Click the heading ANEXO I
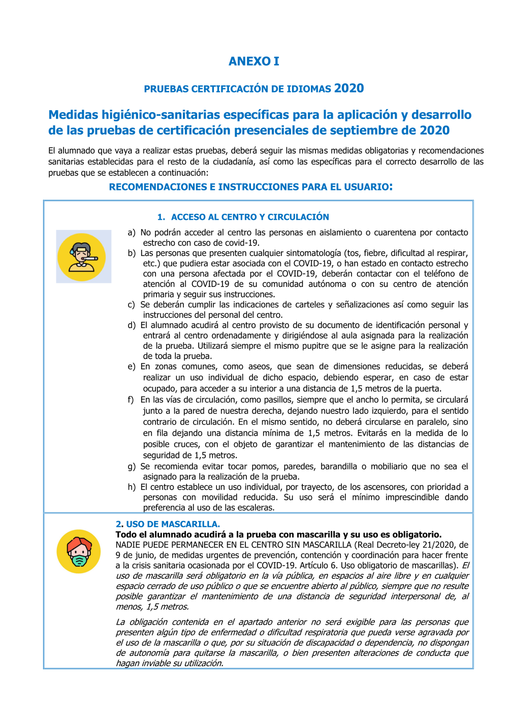pyautogui.click(x=253, y=61)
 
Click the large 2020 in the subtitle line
pyautogui.click(x=349, y=88)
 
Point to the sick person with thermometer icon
pyautogui.click(x=82, y=257)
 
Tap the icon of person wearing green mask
pyautogui.click(x=79, y=551)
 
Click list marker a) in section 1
pyautogui.click(x=132, y=233)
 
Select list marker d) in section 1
pyautogui.click(x=132, y=325)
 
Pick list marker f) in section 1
pyautogui.click(x=131, y=400)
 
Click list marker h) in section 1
pyautogui.click(x=132, y=487)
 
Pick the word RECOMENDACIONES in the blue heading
pyautogui.click(x=158, y=187)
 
